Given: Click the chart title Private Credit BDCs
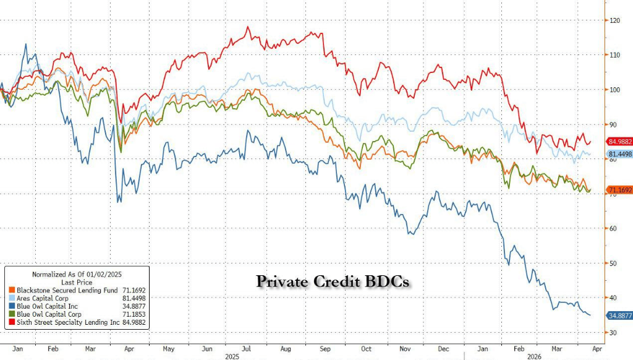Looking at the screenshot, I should pyautogui.click(x=333, y=281).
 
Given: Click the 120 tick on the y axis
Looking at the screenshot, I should pyautogui.click(x=614, y=20).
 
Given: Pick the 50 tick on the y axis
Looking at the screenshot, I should pyautogui.click(x=613, y=263).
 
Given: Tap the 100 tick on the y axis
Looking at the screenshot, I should pyautogui.click(x=614, y=90).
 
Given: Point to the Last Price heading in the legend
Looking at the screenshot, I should pyautogui.click(x=75, y=280).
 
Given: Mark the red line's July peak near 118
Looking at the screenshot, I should pyautogui.click(x=248, y=27).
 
